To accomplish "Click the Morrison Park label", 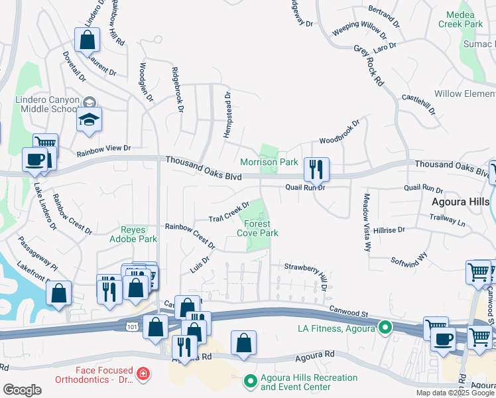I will point(269,162).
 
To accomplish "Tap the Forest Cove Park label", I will point(257,228).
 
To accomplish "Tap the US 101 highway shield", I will point(128,325).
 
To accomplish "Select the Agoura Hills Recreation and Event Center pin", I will point(250,381).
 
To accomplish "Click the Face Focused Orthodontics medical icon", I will point(141,375).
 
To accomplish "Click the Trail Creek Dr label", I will point(229,212).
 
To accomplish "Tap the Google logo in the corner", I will point(22,389).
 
